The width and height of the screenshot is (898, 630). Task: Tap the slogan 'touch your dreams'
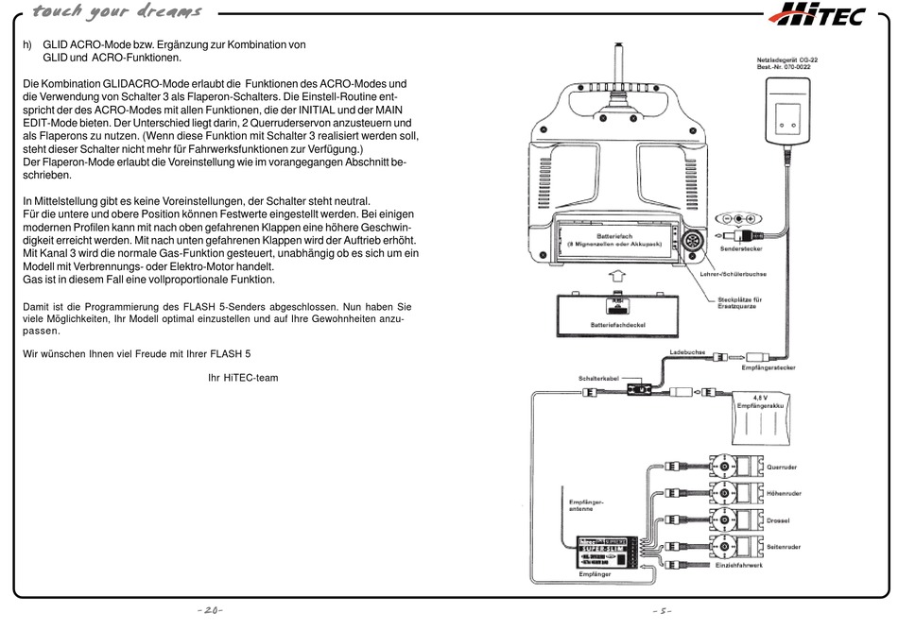116,12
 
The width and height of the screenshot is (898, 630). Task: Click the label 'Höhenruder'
784,493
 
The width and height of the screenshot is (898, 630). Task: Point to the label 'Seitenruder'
784,546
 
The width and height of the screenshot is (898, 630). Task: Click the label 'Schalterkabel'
598,379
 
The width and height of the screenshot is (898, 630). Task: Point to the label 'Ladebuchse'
686,351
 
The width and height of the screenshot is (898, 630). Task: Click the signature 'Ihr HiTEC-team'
243,378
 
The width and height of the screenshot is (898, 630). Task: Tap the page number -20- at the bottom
210,611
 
